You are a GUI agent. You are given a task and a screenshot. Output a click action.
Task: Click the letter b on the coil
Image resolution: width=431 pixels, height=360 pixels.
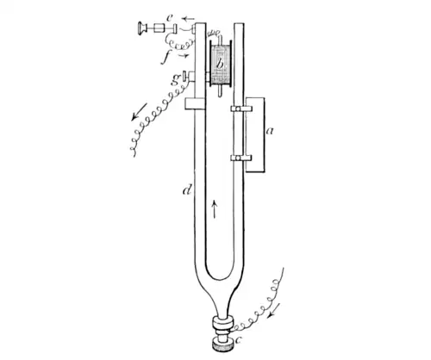click(220, 64)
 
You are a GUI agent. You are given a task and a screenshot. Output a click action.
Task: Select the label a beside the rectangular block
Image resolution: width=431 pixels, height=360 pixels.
click(270, 131)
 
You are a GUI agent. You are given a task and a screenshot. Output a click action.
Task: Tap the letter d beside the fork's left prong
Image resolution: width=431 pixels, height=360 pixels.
click(188, 189)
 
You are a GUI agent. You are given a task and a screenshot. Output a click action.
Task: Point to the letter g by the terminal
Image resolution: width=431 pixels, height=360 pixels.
click(176, 79)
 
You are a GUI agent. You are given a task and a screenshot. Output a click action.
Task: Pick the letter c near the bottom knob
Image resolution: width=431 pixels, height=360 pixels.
click(238, 340)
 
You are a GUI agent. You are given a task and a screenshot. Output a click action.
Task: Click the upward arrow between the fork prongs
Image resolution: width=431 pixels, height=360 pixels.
click(215, 209)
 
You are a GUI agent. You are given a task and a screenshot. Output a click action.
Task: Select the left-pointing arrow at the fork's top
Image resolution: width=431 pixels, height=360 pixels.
click(189, 19)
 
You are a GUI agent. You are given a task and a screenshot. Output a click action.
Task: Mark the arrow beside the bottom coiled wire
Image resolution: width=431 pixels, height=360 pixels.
click(274, 311)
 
